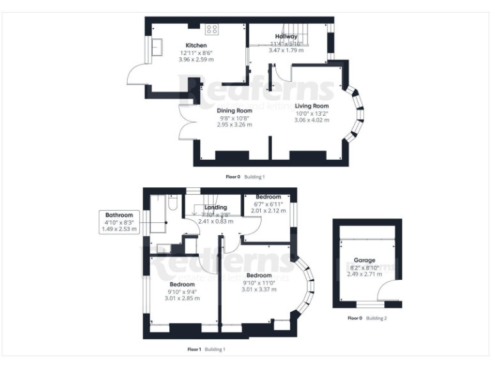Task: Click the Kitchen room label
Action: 197,45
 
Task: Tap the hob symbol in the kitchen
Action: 212,29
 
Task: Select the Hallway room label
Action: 286,36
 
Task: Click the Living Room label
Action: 311,106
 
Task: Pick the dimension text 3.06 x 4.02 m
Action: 311,120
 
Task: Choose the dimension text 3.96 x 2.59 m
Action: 197,59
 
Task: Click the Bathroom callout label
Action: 119,215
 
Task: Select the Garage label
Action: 366,261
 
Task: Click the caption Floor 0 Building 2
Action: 367,318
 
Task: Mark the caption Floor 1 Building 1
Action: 206,349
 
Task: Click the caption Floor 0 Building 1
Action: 245,176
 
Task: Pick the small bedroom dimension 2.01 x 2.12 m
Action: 269,210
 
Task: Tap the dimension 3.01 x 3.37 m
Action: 260,289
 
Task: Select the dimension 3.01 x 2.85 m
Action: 182,298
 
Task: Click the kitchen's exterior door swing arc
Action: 136,76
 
